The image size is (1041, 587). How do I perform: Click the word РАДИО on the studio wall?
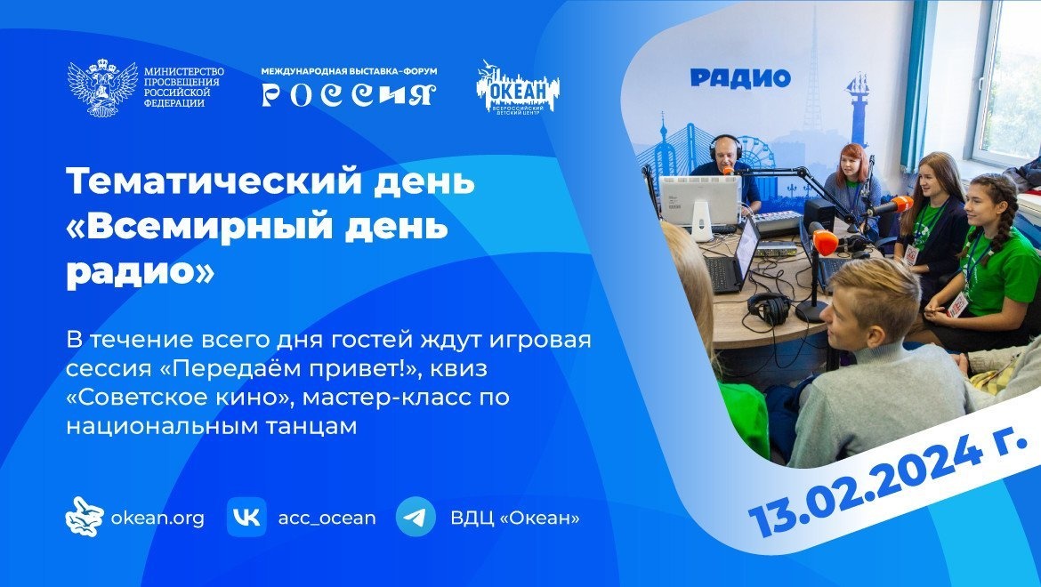coord(740,78)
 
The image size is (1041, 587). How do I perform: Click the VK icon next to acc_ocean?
coord(246,517)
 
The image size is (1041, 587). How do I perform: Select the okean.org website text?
coord(157,518)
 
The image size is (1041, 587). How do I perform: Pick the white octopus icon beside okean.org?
coord(85,517)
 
